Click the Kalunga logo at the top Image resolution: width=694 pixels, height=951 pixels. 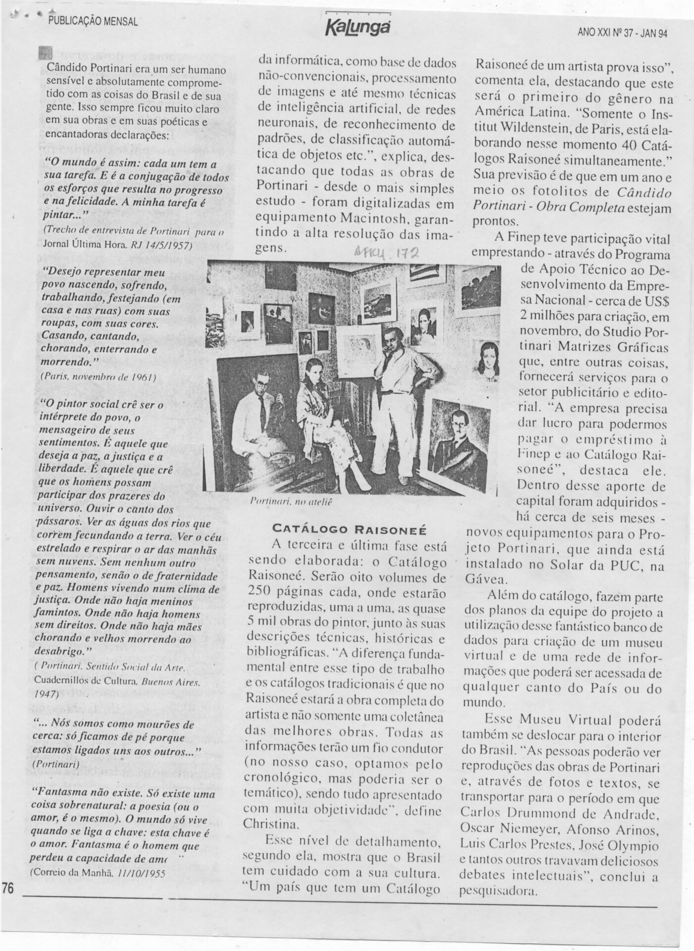(x=358, y=26)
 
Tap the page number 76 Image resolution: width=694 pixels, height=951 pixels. (x=8, y=889)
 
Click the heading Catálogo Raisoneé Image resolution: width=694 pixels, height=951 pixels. (x=349, y=529)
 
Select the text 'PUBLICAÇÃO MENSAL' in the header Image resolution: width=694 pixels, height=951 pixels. (x=93, y=21)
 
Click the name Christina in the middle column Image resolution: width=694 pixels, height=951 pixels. (x=264, y=823)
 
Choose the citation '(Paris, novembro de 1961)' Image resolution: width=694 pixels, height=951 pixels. (x=98, y=376)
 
